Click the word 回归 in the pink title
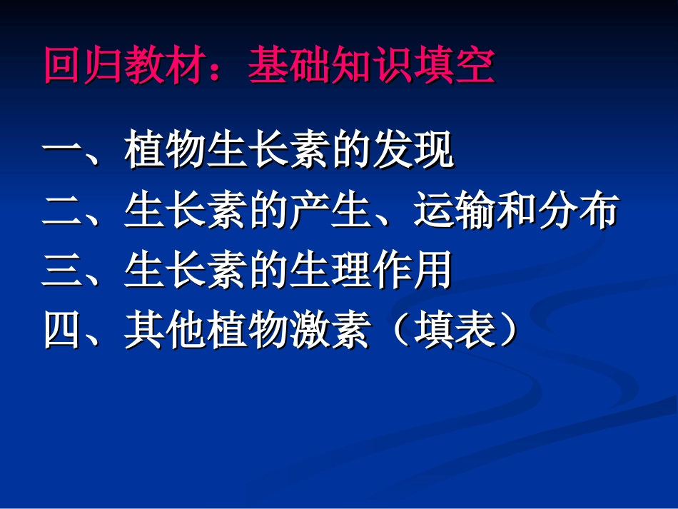tap(84, 66)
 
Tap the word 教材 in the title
tap(166, 66)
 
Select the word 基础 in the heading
tap(289, 66)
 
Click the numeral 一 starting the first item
tap(63, 151)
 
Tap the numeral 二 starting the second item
tap(63, 211)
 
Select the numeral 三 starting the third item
tap(63, 271)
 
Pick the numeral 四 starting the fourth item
tap(63, 331)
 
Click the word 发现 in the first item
tap(413, 151)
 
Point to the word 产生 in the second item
tap(330, 211)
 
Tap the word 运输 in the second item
tap(454, 211)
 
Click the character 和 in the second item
tap(516, 211)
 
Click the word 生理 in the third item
tap(330, 271)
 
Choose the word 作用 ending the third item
tap(413, 271)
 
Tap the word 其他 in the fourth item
tap(166, 331)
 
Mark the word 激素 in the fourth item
tap(330, 331)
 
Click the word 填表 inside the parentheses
tap(454, 331)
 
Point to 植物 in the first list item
tap(166, 151)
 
